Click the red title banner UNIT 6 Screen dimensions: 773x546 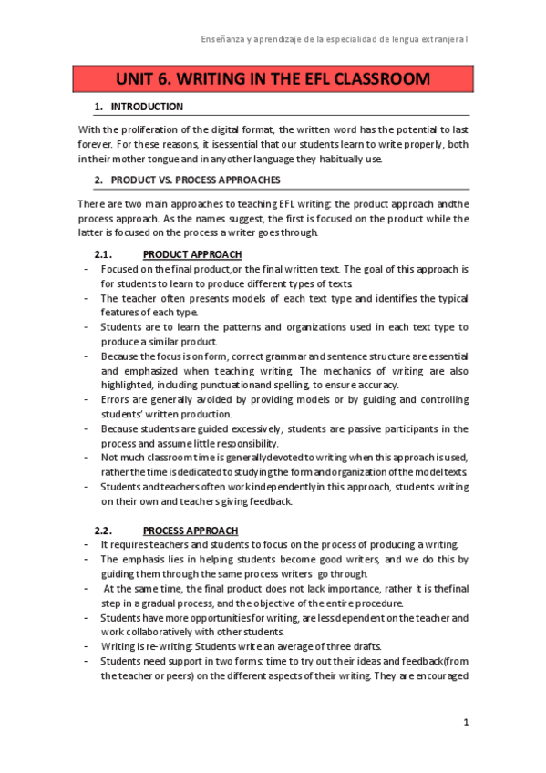pos(273,79)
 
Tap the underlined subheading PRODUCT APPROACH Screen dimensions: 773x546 pos(192,253)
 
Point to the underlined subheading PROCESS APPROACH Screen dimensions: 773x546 pos(191,530)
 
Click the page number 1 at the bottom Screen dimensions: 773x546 pos(465,723)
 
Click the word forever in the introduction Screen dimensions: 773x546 pos(96,144)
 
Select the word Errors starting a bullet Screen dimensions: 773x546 pos(116,399)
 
